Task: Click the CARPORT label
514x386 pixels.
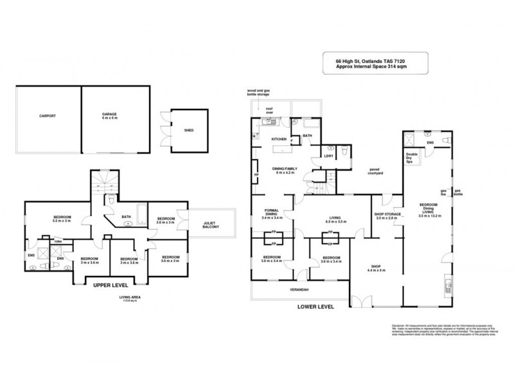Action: pos(47,116)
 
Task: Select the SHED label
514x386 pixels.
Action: pos(189,131)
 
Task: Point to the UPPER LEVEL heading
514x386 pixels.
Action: pos(110,284)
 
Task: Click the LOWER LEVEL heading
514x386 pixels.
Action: pos(315,307)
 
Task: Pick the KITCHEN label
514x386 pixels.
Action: pos(279,139)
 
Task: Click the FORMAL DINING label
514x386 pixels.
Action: pos(272,216)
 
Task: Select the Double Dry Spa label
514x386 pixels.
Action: pos(412,158)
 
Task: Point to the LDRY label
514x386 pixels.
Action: pos(328,155)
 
